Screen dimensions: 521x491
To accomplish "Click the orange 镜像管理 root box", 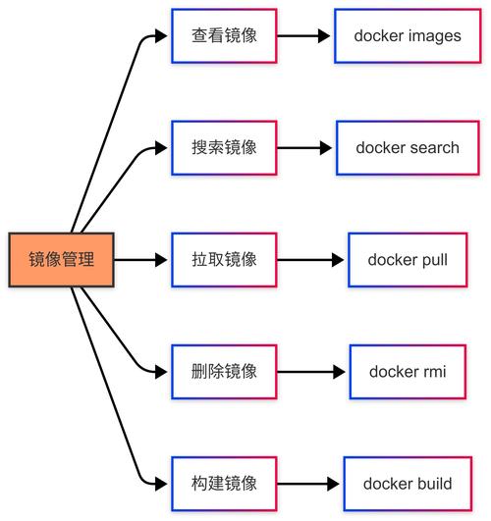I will point(62,260).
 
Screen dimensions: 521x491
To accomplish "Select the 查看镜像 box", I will point(224,36).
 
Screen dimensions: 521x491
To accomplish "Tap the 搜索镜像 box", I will point(224,148).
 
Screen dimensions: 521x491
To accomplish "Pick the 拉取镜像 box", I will point(224,260).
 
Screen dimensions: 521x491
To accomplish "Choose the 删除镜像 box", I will point(224,372).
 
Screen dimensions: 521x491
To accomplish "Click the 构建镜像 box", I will point(224,484).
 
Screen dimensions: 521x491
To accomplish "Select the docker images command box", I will point(408,36).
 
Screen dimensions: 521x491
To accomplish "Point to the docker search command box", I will point(408,148).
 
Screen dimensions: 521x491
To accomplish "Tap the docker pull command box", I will point(408,260).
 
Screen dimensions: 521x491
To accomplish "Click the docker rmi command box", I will point(408,372).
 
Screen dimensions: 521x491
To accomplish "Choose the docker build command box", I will point(408,484).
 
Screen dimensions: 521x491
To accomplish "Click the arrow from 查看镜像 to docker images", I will point(304,36).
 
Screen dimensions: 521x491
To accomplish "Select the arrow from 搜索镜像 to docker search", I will point(305,148).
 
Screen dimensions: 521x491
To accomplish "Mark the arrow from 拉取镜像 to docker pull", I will point(311,260).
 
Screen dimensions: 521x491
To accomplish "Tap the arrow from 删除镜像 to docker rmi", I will point(311,372).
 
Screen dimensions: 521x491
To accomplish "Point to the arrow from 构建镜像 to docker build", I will point(308,484).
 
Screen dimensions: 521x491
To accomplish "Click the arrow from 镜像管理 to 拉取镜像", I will point(143,260).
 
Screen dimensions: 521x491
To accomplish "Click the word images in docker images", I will point(435,36).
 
